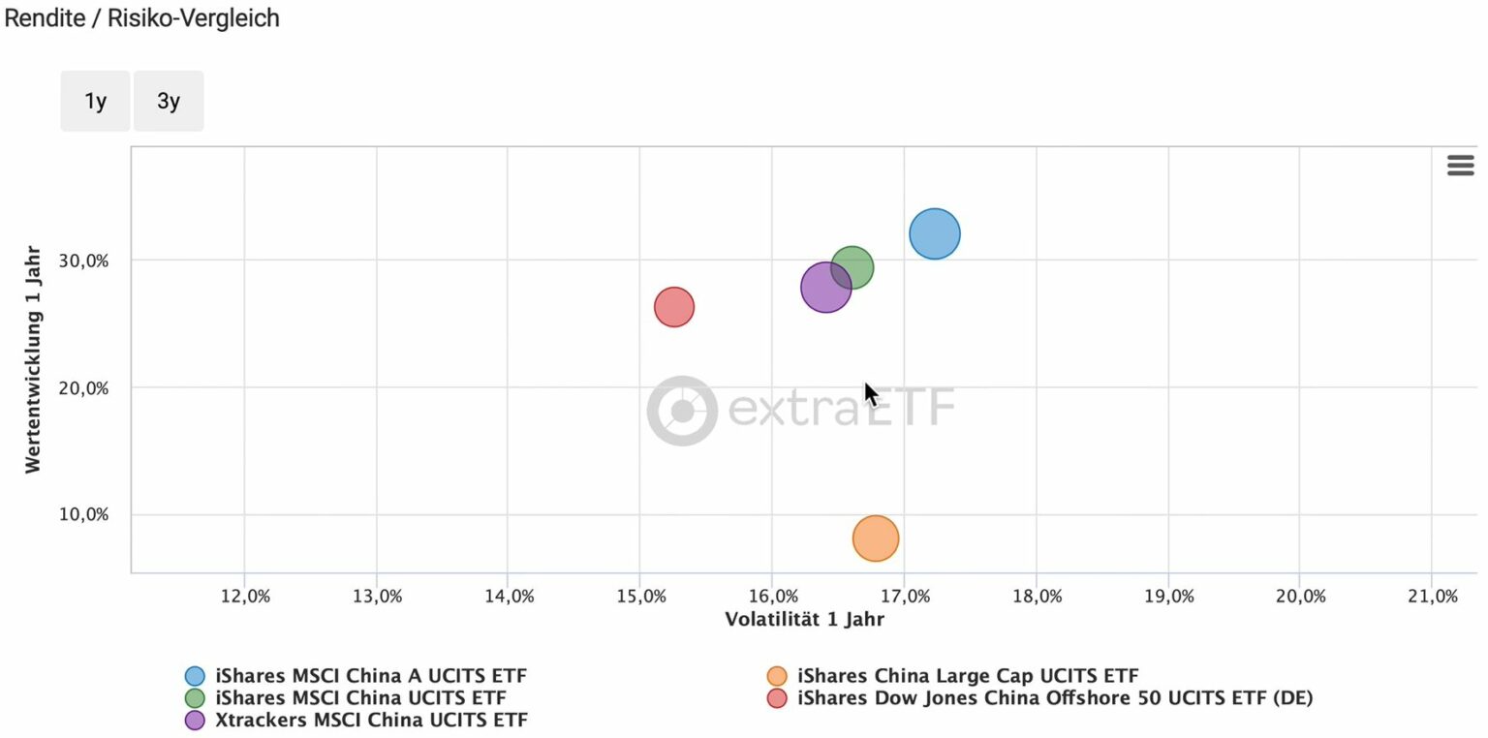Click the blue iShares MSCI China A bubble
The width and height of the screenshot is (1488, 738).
934,233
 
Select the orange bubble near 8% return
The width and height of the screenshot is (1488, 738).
876,538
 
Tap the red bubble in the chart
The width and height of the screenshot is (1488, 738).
674,307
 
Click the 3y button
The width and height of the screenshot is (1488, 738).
169,101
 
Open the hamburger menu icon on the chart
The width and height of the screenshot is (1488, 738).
1460,166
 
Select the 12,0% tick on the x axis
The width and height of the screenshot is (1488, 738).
245,597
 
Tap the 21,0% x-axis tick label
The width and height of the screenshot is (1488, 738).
1433,597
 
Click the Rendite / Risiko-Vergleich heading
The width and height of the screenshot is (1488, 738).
142,17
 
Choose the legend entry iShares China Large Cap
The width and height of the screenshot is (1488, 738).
967,676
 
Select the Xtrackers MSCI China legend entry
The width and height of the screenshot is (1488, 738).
371,720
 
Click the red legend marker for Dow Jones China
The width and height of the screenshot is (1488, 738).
776,697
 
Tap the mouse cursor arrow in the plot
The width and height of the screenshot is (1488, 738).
870,393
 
